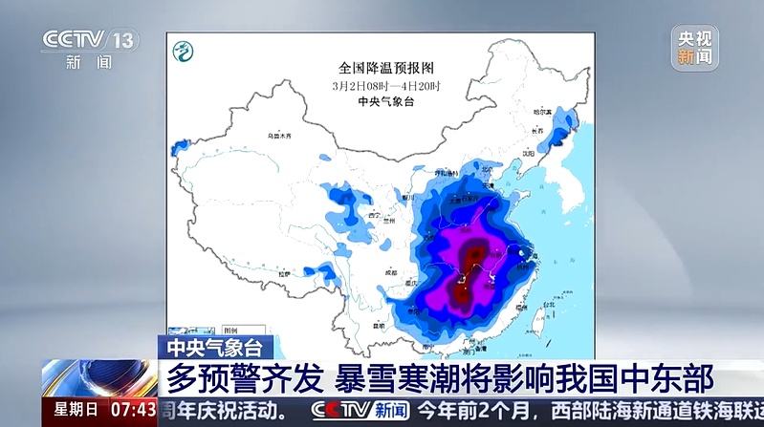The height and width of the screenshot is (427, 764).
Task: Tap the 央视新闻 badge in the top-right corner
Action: coord(694,48)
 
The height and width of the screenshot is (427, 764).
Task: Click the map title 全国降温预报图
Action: coord(386,68)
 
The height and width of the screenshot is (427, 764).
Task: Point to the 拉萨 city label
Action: coord(285,274)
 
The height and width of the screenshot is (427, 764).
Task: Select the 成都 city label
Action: coord(390,273)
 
